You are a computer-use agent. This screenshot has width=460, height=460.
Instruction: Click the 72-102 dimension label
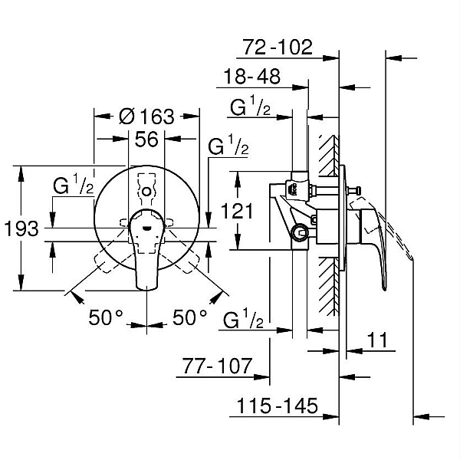(278, 47)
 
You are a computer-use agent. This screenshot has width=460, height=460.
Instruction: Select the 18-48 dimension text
(251, 77)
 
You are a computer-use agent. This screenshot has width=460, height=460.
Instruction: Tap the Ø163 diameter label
(146, 117)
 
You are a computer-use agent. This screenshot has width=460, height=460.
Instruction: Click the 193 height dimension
(21, 228)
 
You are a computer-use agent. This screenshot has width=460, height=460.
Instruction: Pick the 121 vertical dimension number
(237, 211)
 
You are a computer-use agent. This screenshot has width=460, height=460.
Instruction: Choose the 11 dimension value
(377, 340)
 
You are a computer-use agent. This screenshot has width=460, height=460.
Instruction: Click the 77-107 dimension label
(217, 366)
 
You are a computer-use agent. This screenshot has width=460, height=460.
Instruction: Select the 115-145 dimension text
(278, 406)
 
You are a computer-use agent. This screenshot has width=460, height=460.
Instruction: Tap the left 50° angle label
(106, 317)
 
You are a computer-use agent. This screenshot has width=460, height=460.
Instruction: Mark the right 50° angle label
(189, 317)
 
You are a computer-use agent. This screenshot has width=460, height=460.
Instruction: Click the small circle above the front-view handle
(146, 192)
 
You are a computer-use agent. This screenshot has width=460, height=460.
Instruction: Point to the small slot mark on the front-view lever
(146, 227)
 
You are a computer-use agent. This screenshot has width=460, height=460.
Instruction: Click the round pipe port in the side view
(299, 233)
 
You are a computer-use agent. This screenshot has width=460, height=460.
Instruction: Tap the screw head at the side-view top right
(358, 191)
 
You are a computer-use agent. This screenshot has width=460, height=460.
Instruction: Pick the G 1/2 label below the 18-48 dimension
(250, 105)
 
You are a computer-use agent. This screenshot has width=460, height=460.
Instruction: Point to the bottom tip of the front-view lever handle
(146, 289)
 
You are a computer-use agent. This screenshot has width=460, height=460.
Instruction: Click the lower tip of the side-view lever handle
(384, 289)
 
